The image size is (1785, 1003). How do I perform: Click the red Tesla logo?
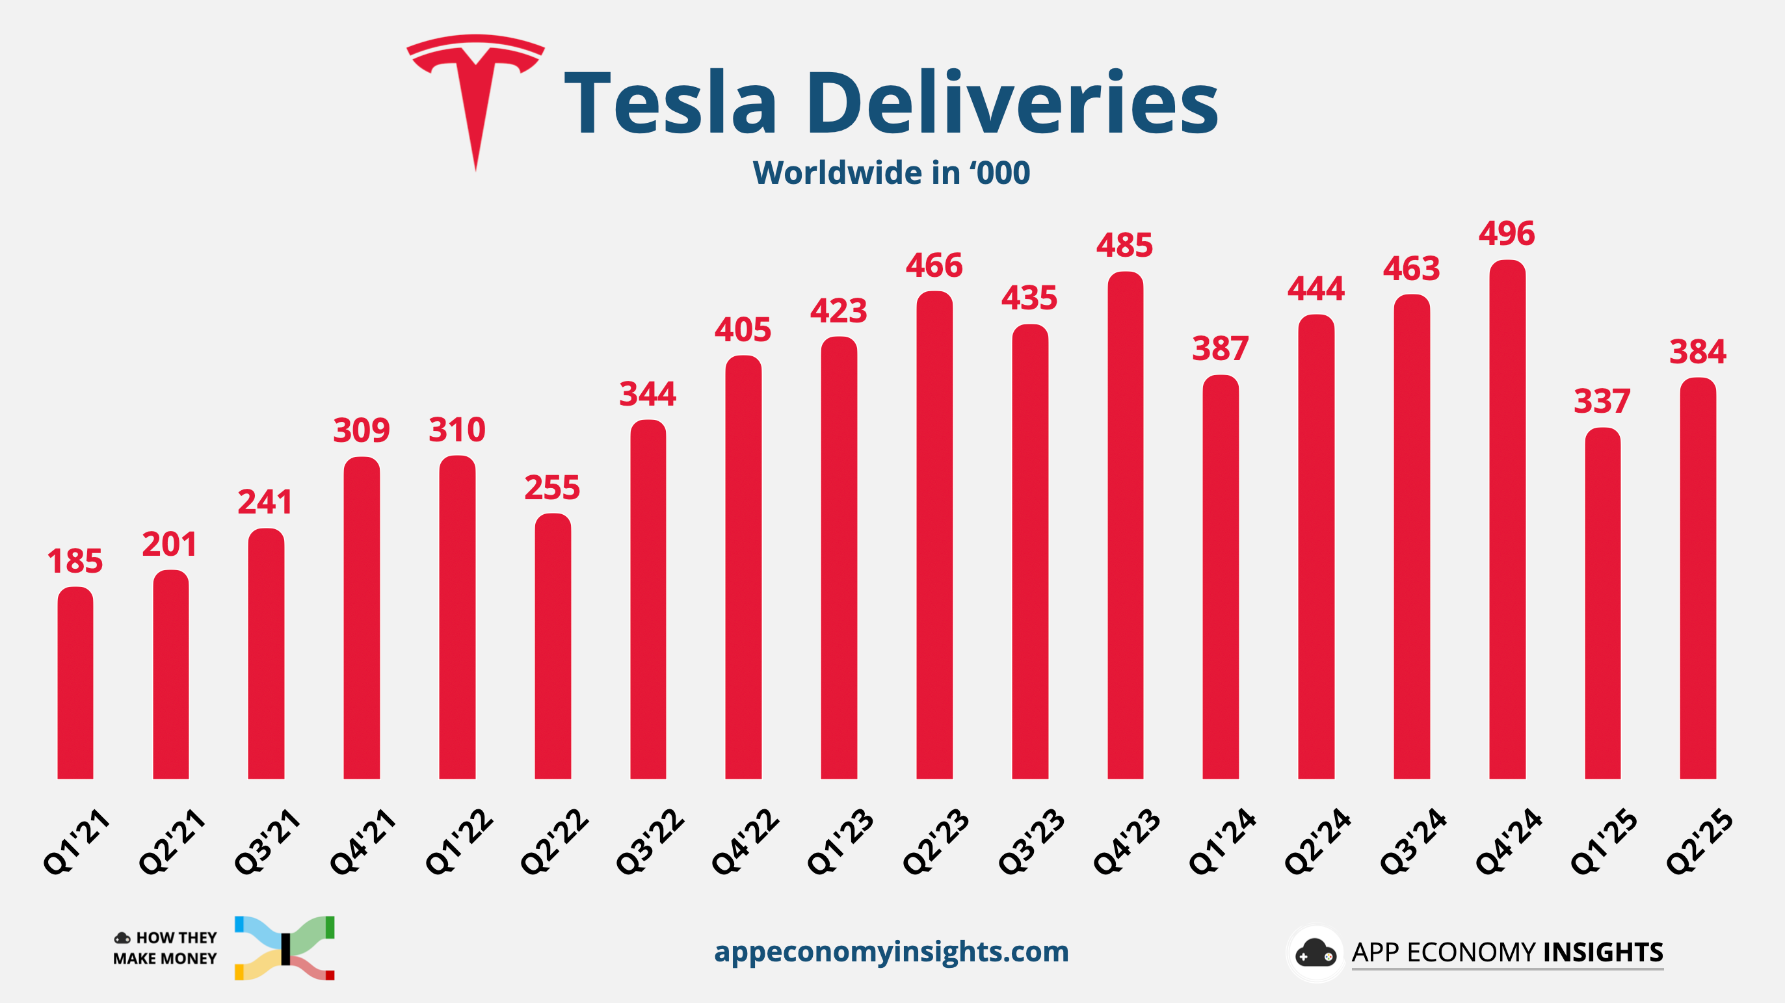tap(475, 90)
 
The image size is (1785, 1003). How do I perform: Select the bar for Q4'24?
tap(1507, 519)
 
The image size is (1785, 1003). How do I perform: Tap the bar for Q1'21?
tap(75, 683)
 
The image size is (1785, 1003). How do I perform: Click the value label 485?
tap(1124, 245)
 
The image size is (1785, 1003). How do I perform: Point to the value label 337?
tap(1602, 401)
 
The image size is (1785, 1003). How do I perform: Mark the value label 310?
tap(456, 430)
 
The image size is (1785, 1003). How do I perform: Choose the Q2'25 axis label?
tap(1699, 842)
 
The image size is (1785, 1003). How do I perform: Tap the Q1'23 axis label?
tap(840, 842)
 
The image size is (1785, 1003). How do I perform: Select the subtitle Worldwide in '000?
tap(891, 172)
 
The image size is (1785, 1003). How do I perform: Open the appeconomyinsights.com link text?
tap(891, 952)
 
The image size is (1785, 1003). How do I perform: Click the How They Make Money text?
tap(166, 948)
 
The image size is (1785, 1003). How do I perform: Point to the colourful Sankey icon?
tap(285, 948)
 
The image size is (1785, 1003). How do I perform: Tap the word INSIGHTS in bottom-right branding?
tap(1603, 952)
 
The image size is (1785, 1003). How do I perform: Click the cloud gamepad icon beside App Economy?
tap(1314, 953)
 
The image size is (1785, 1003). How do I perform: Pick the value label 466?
tap(934, 265)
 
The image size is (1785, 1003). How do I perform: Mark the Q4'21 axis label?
tap(362, 842)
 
